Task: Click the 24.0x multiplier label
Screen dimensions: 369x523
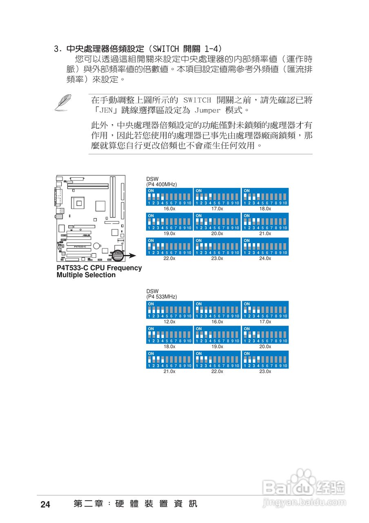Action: (x=265, y=259)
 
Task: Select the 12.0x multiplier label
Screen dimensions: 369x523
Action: (x=169, y=322)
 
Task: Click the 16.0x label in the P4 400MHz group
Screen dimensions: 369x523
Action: (x=169, y=208)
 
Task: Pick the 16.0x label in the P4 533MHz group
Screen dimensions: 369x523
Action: (x=217, y=322)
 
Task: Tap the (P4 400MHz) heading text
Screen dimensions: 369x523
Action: (x=162, y=185)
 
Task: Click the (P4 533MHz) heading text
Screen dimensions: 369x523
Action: (x=162, y=297)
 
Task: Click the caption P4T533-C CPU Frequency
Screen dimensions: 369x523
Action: (x=99, y=268)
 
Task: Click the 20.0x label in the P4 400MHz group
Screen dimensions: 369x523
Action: (x=217, y=234)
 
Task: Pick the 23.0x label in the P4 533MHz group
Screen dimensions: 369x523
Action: (x=265, y=371)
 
